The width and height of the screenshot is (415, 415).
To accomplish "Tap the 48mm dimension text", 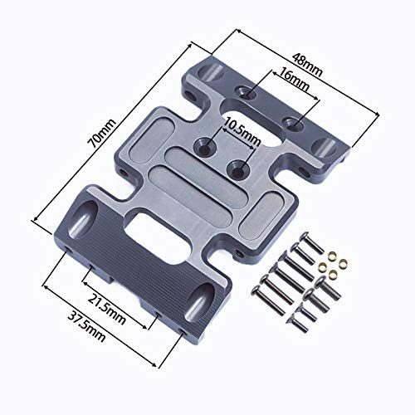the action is [x=307, y=65].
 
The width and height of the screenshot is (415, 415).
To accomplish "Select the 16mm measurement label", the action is [x=294, y=80].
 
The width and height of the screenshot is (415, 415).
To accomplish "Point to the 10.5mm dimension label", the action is [x=242, y=132].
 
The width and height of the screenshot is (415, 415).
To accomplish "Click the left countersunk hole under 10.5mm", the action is [x=204, y=147].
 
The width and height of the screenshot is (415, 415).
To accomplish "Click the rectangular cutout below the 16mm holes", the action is [x=252, y=124].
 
